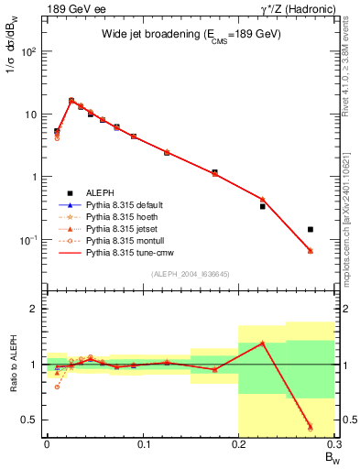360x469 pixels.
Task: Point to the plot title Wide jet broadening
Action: click(191, 34)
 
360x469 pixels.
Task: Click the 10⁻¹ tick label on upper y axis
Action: click(27, 239)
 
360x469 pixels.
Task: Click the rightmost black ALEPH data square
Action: click(311, 229)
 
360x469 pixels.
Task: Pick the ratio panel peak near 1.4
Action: click(262, 343)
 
